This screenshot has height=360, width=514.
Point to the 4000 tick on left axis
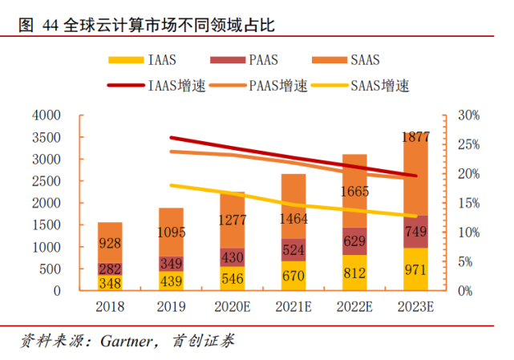46,115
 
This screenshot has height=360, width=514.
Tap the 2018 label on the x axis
110,306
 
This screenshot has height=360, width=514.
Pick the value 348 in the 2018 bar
111,283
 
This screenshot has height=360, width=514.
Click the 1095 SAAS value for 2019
172,233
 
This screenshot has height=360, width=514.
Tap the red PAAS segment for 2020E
233,257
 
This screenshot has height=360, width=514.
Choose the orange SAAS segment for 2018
111,242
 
